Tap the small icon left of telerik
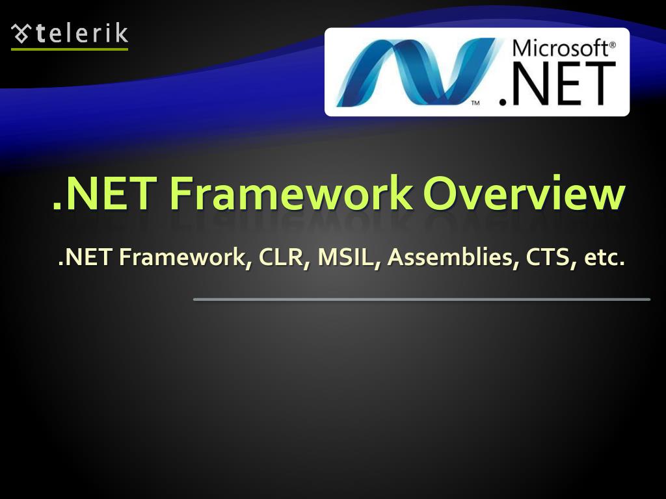[21, 32]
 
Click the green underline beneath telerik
[70, 49]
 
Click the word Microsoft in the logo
[559, 48]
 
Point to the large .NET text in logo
[557, 84]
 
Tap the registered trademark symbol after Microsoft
[612, 45]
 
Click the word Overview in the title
[524, 193]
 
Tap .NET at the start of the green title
[103, 193]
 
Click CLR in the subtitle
[275, 258]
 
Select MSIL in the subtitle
[340, 258]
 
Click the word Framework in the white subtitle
[186, 258]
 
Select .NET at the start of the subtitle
[85, 258]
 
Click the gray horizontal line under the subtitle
[421, 300]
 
